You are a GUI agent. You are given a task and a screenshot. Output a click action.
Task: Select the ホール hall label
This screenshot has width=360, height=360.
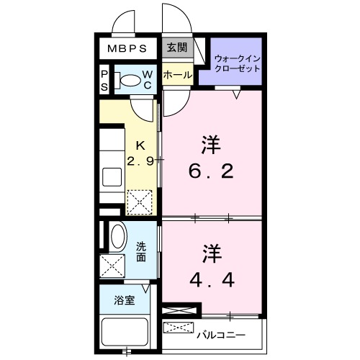click(177, 75)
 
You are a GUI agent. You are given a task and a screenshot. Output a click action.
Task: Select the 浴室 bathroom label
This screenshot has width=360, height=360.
click(124, 301)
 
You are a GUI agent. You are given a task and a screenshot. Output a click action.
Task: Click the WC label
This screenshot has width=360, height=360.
click(147, 79)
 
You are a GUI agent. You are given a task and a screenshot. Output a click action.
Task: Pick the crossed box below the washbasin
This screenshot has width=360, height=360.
click(113, 266)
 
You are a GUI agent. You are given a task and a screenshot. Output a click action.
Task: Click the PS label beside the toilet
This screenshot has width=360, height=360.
click(104, 81)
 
